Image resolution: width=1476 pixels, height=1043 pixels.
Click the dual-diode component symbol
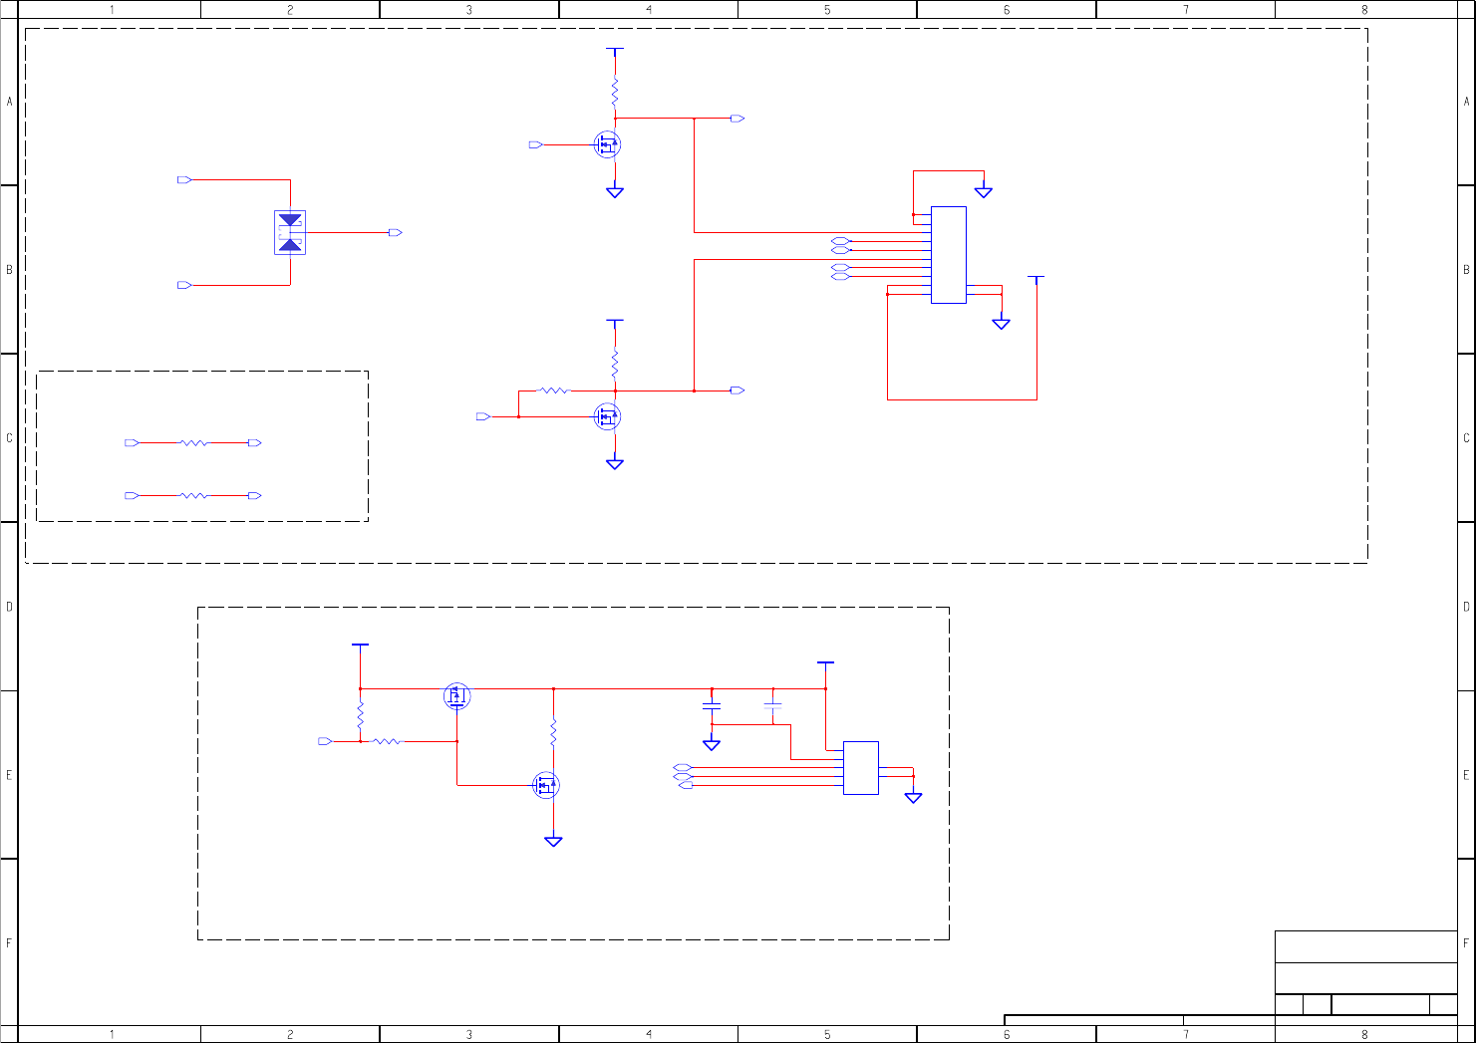tap(290, 232)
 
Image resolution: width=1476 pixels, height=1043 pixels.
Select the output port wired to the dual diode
tap(396, 232)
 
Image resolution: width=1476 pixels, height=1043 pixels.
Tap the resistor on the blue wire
tap(193, 495)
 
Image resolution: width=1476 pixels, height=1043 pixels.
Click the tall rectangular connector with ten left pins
tap(948, 255)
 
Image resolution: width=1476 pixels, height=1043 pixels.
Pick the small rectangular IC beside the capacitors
tap(860, 768)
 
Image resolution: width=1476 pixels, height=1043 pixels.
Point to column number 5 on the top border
tap(827, 10)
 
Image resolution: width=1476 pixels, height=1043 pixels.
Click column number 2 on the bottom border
tap(290, 1035)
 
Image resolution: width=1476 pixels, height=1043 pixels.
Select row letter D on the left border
tap(10, 607)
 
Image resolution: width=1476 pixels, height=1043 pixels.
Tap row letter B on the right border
tap(1466, 270)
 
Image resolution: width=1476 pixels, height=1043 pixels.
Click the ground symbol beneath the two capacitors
tap(712, 745)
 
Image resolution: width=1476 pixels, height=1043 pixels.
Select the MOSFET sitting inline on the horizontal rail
tap(456, 695)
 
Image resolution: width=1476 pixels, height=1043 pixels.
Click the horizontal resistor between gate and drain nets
tap(555, 391)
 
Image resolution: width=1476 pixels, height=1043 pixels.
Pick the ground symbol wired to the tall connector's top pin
tap(984, 191)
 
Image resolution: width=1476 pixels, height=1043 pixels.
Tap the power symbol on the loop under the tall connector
tap(1036, 279)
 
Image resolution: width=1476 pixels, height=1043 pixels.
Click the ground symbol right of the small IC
tap(913, 797)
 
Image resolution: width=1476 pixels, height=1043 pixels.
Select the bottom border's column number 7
tap(1186, 1035)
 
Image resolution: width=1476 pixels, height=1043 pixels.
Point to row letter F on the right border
tap(1466, 943)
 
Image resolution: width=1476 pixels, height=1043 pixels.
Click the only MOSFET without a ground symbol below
tap(456, 695)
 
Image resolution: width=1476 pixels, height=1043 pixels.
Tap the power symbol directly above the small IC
tap(825, 663)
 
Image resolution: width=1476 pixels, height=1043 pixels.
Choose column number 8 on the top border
tap(1364, 10)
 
